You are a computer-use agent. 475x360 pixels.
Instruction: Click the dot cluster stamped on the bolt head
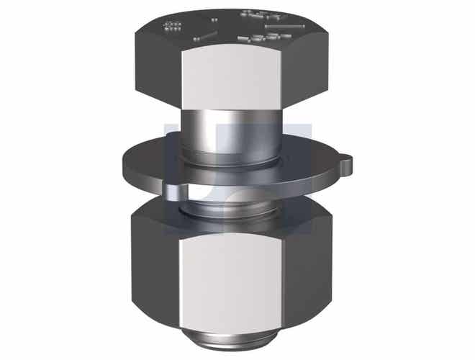tap(173, 27)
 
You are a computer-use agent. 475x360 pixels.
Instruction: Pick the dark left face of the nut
tap(153, 270)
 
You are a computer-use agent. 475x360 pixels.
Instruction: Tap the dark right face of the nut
tap(306, 270)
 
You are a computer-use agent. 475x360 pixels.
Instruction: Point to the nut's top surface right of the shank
tap(302, 216)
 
